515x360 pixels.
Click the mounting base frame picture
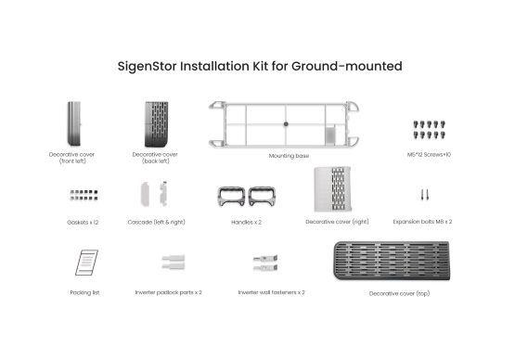tap(284, 123)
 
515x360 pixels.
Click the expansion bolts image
tap(423, 195)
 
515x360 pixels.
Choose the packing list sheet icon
tap(84, 261)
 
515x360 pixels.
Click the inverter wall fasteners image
tap(265, 264)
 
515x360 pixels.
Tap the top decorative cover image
tap(391, 263)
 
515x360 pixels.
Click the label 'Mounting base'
tap(289, 156)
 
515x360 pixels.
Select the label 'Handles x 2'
tap(246, 223)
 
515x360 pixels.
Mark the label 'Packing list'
tap(84, 292)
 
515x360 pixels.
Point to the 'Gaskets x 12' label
tap(84, 223)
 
